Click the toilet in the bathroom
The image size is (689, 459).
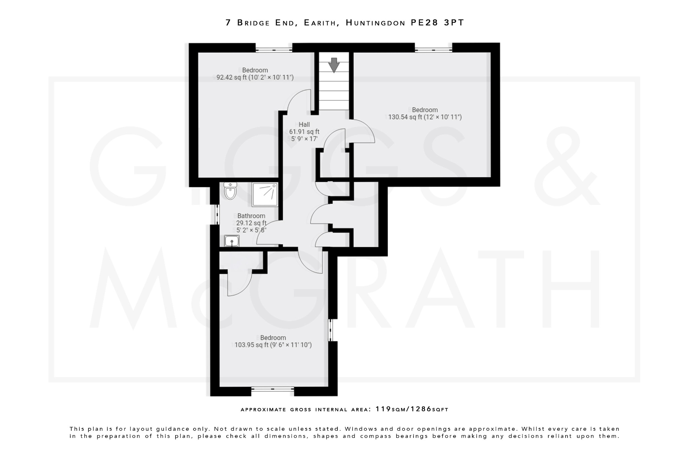(x=230, y=191)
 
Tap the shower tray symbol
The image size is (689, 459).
(x=265, y=195)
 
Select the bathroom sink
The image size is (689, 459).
(x=232, y=241)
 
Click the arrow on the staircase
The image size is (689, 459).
(x=334, y=65)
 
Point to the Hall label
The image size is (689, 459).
(x=304, y=124)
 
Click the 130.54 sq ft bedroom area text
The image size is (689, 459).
(x=425, y=117)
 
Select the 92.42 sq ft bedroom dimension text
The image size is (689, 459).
(x=255, y=78)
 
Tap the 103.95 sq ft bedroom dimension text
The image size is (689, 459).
(x=273, y=345)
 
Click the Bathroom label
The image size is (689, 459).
(x=251, y=216)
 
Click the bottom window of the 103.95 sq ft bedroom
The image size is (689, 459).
(x=273, y=389)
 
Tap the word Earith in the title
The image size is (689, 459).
(x=320, y=23)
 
